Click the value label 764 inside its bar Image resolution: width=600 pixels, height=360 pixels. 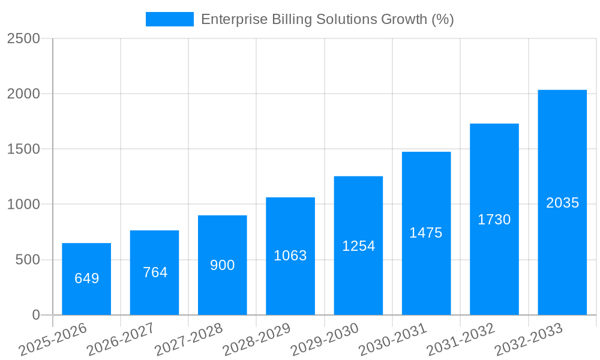tap(155, 272)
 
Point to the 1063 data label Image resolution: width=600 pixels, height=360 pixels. tap(290, 256)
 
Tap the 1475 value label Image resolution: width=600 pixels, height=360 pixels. tap(426, 233)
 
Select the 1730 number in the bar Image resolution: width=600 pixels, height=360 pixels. tap(494, 220)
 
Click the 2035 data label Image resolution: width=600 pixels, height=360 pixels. tap(562, 203)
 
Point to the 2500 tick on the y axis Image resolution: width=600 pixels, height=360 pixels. tap(23, 38)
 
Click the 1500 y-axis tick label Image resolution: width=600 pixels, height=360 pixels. tap(23, 149)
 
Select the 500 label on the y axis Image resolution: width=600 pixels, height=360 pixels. tap(28, 260)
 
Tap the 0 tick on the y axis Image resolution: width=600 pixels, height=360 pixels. tap(35, 315)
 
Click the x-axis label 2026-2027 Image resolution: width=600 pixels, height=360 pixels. tap(121, 340)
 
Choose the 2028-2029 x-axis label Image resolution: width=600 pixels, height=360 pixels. tap(257, 340)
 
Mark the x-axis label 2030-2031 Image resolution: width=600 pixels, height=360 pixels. tap(392, 340)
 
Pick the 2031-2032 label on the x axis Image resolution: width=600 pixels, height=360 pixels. tap(461, 340)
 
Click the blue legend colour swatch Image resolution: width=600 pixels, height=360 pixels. tap(170, 19)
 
